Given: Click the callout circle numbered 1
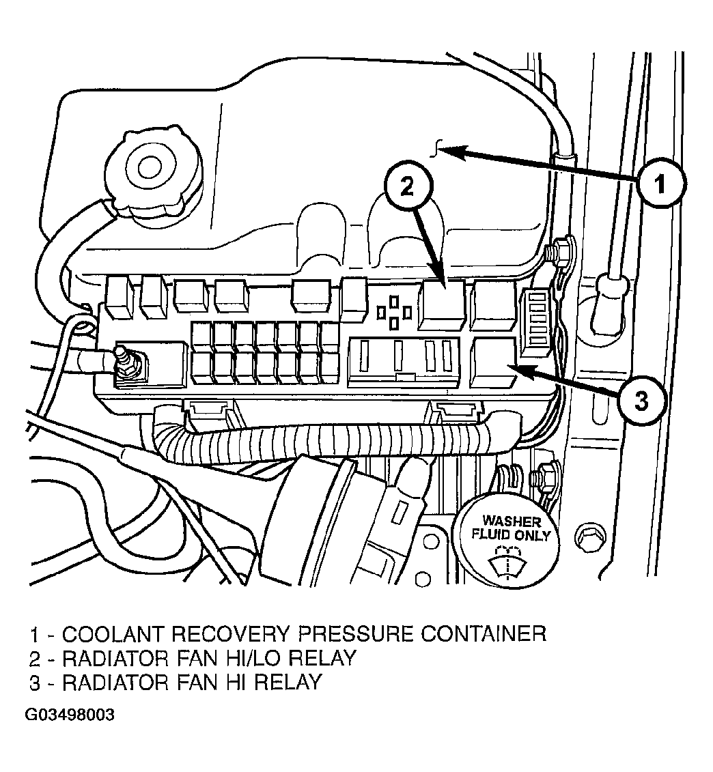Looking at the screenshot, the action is [x=660, y=184].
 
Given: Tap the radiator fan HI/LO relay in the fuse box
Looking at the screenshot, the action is [x=441, y=305].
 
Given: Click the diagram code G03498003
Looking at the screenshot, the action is [x=70, y=715].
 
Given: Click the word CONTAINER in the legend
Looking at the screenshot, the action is [x=484, y=633].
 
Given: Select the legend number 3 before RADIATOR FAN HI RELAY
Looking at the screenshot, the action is [x=35, y=683].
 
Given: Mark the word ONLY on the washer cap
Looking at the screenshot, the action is [x=532, y=535].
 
